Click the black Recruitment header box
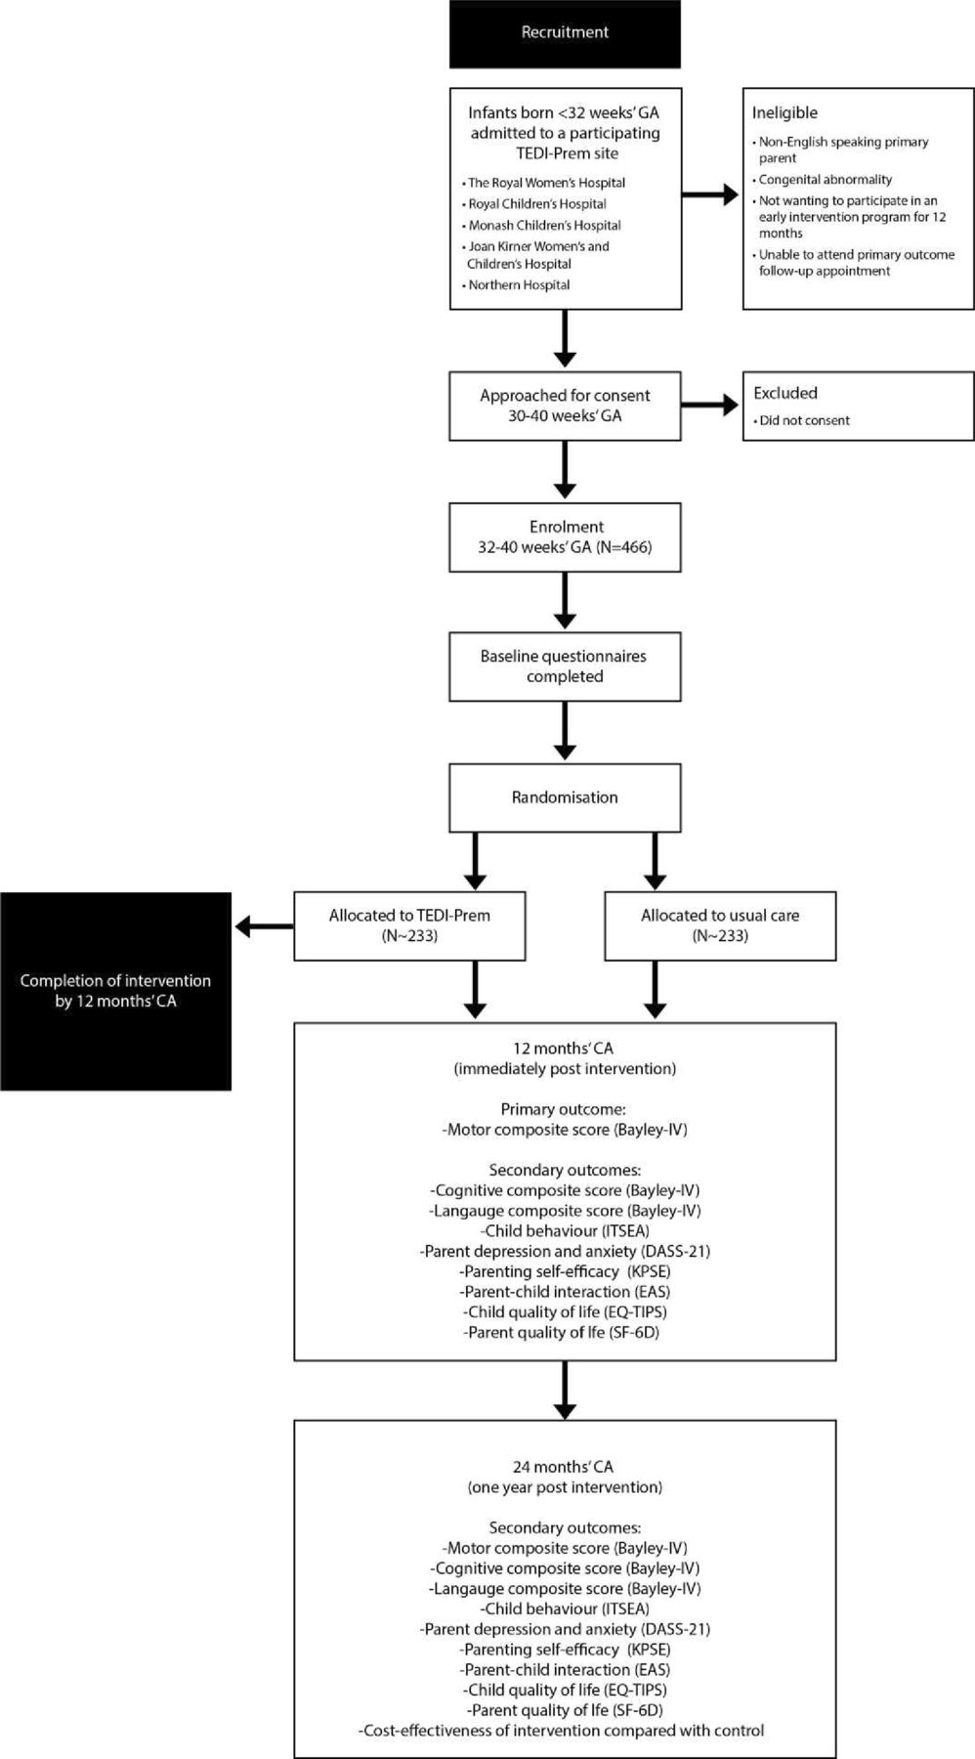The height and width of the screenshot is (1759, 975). pyautogui.click(x=565, y=33)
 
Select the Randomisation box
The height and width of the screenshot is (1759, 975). pyautogui.click(x=565, y=798)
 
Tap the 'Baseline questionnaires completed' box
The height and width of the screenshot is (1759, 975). pyautogui.click(x=565, y=667)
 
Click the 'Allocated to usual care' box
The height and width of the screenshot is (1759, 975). pyautogui.click(x=720, y=926)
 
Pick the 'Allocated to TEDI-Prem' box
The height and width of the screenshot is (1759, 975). pyautogui.click(x=409, y=926)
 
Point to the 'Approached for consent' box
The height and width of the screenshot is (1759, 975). pyautogui.click(x=565, y=406)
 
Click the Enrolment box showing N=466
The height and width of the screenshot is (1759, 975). pyautogui.click(x=565, y=537)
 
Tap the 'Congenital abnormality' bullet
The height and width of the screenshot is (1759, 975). pyautogui.click(x=823, y=180)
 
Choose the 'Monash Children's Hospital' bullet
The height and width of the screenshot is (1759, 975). pyautogui.click(x=542, y=225)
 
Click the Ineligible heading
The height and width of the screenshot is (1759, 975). pyautogui.click(x=784, y=113)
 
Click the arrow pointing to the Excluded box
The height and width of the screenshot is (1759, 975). pyautogui.click(x=709, y=405)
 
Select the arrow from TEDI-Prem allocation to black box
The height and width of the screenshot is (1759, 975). pyautogui.click(x=265, y=925)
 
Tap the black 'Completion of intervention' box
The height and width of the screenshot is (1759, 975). pyautogui.click(x=115, y=991)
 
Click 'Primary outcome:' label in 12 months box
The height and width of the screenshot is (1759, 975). pyautogui.click(x=565, y=1110)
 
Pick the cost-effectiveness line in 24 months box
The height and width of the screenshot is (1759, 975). pyautogui.click(x=563, y=1731)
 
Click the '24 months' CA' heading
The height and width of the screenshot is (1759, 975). pyautogui.click(x=564, y=1467)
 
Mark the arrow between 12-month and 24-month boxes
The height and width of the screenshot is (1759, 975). pyautogui.click(x=565, y=1390)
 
